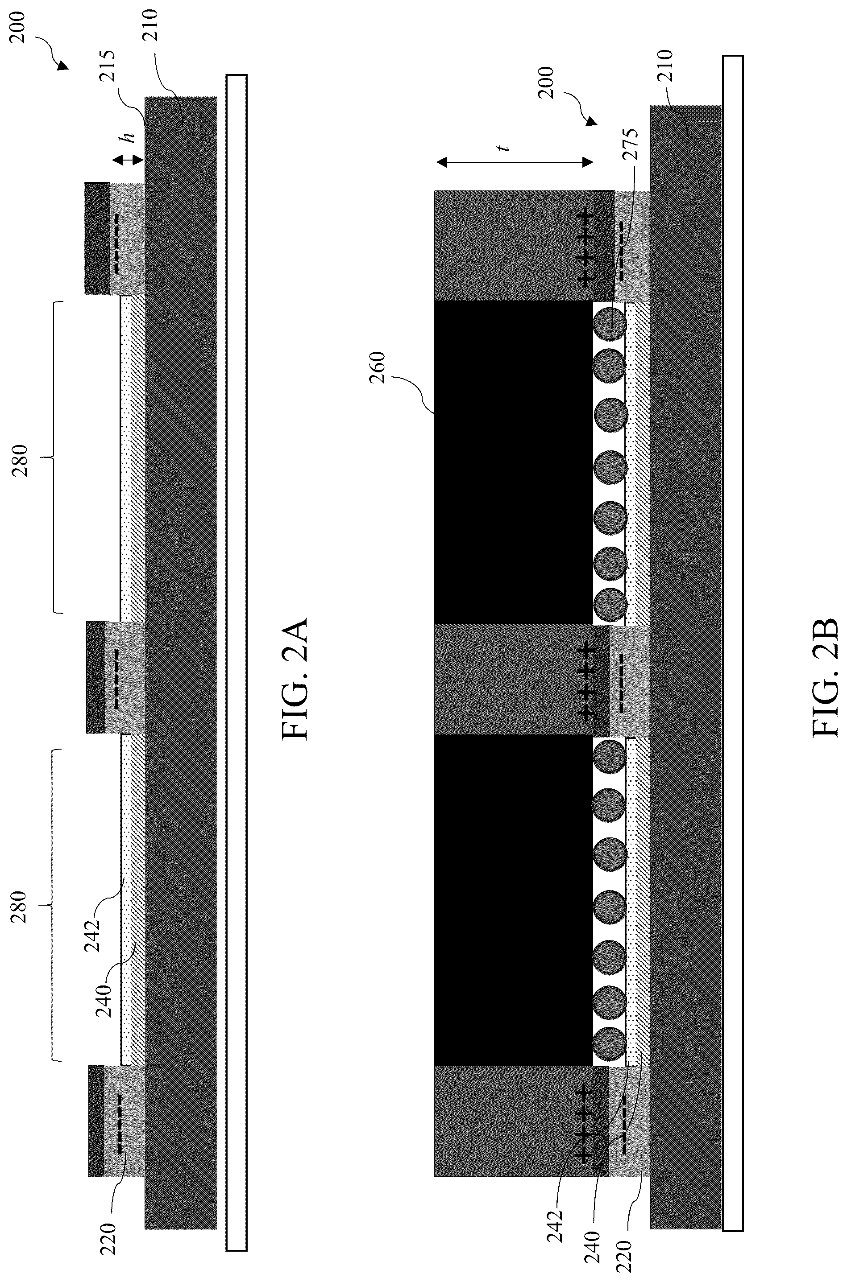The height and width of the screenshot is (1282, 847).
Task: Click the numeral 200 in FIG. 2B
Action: pyautogui.click(x=546, y=82)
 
